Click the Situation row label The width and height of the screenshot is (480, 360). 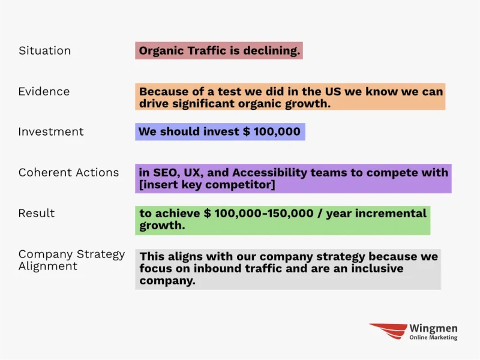click(44, 50)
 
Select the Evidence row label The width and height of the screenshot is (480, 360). click(44, 92)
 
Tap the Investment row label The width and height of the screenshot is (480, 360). click(51, 131)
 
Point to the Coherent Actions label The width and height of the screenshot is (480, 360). click(68, 173)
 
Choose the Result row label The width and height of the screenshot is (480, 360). click(37, 213)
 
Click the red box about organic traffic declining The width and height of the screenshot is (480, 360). click(219, 50)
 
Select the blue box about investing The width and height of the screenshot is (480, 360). click(220, 131)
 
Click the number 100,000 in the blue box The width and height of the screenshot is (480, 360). click(277, 131)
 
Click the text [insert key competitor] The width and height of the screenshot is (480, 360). click(207, 185)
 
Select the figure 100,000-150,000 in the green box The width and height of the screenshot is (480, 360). click(264, 213)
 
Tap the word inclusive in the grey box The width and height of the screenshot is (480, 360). click(377, 268)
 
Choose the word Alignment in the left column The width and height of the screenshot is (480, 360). click(48, 266)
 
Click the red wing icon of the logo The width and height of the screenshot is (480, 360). click(388, 331)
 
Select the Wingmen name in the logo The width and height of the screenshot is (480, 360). click(433, 328)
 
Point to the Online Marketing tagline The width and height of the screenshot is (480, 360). click(433, 337)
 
